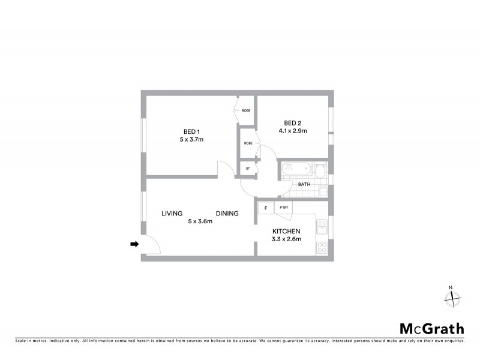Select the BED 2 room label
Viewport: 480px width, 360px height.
tap(293, 123)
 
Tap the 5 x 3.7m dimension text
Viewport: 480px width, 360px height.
tap(191, 139)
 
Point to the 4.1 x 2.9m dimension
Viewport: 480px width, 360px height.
tap(293, 131)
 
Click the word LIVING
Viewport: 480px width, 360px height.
tap(172, 213)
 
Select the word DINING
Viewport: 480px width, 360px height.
tap(227, 213)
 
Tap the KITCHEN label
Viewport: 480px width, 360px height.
tap(286, 232)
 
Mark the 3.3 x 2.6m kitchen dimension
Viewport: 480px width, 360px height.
tap(286, 239)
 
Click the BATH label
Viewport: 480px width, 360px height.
tap(304, 184)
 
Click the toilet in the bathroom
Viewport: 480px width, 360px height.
tap(322, 171)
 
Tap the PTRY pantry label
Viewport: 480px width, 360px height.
tap(284, 208)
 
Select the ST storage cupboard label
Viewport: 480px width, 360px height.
tap(248, 169)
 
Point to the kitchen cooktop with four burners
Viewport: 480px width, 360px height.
tap(322, 247)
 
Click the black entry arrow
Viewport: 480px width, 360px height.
tap(135, 244)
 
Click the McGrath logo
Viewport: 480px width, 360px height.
tap(432, 328)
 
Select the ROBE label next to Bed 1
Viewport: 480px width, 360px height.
tap(246, 111)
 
